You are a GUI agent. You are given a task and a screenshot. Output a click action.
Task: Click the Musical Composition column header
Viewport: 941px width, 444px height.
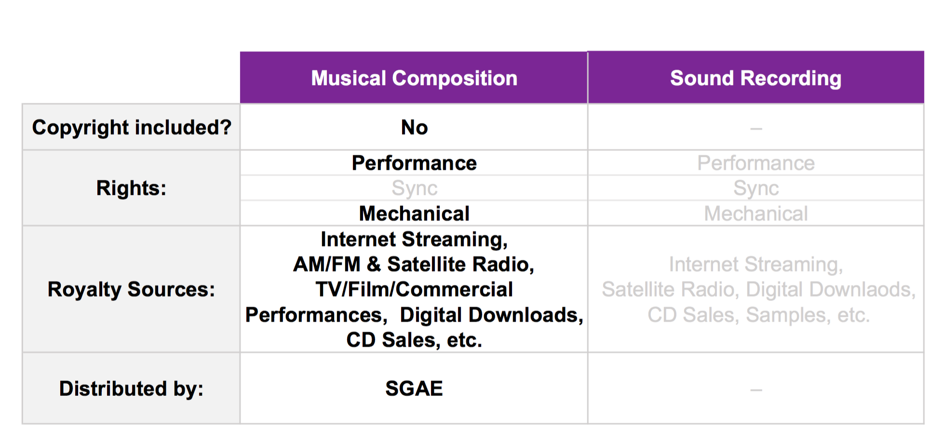(x=414, y=78)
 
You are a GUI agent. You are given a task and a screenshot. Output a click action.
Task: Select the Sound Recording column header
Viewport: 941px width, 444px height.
(x=756, y=78)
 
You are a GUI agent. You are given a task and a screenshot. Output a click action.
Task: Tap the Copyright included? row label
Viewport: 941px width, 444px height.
(x=132, y=128)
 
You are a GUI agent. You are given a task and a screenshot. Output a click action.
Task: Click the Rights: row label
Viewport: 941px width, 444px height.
(x=131, y=188)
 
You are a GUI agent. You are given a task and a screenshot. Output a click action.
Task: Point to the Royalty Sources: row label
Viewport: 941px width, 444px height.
(x=131, y=289)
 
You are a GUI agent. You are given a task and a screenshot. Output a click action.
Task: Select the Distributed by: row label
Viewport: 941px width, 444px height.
(x=131, y=389)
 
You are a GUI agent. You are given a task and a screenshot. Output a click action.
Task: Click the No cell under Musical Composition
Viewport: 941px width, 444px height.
(x=414, y=128)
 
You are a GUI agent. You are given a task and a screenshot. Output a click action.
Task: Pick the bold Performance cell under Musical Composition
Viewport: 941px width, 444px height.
(x=414, y=163)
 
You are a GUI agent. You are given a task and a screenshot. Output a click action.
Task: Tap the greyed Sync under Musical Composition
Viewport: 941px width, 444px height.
(x=414, y=188)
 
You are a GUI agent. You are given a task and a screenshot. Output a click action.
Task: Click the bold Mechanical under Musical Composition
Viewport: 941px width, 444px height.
(x=414, y=213)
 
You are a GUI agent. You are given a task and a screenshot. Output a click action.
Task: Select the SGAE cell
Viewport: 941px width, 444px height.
(x=414, y=389)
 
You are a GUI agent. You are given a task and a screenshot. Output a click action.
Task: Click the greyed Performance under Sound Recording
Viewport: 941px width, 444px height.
(x=756, y=163)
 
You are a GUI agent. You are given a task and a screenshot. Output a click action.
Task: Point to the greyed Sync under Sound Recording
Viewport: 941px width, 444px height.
(x=756, y=188)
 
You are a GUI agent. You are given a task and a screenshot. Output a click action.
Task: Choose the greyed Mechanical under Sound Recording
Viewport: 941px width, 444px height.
(x=756, y=213)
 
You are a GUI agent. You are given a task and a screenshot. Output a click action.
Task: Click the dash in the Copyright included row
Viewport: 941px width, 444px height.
(x=756, y=129)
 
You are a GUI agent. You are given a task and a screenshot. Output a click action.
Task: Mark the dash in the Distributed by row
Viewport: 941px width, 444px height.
(x=756, y=390)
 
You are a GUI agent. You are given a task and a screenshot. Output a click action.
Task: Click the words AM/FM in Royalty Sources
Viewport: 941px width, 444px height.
(x=327, y=264)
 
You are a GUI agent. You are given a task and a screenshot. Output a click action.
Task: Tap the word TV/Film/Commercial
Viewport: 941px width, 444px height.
(x=414, y=289)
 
